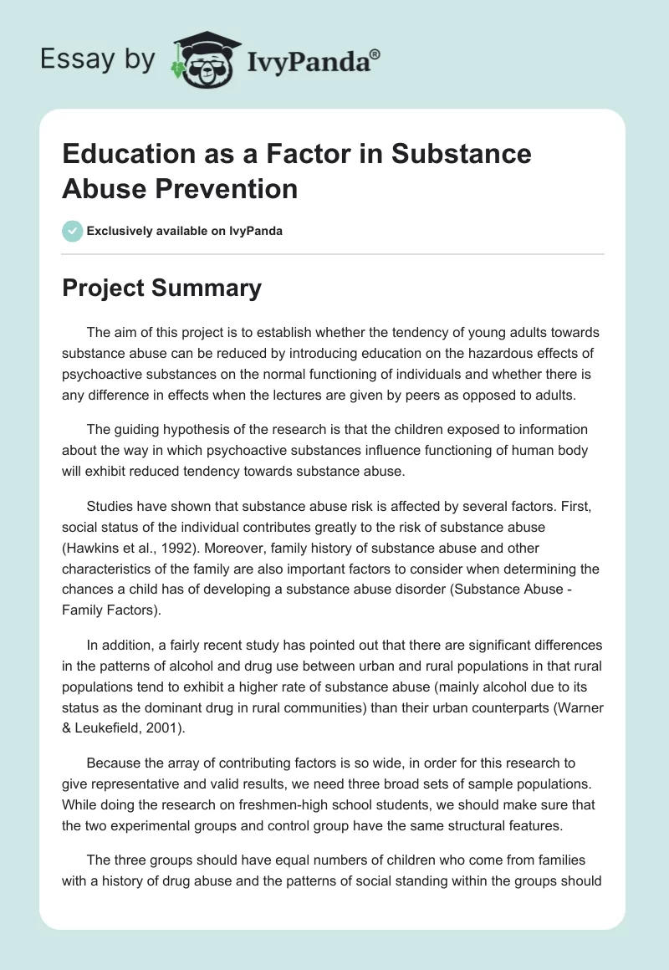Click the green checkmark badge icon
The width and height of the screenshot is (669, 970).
[x=72, y=231]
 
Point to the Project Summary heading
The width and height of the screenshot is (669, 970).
[x=161, y=288]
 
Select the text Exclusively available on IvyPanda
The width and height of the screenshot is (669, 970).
[x=184, y=231]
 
